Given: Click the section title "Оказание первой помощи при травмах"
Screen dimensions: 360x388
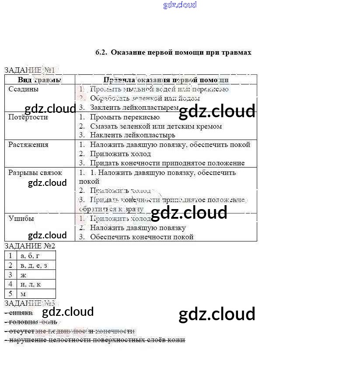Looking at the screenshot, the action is tap(181, 52).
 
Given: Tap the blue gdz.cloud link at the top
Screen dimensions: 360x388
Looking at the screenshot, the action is tap(180, 5).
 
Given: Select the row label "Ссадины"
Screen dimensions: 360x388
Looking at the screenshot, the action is tap(23, 89).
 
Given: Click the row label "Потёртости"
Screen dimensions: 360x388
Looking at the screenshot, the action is tap(28, 117).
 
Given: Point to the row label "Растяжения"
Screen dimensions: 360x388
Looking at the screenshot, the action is tap(28, 145).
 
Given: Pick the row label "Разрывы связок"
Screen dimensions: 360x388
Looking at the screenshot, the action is tap(35, 173).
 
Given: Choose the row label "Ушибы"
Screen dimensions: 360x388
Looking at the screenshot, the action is tap(21, 218).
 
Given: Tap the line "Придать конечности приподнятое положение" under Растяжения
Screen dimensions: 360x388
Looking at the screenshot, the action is tap(167, 163).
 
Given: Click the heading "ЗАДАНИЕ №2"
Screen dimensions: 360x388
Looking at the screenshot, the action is tap(30, 246).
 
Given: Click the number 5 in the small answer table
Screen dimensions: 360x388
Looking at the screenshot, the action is tap(10, 294).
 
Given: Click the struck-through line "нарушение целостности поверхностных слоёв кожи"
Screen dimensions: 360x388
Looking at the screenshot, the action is tap(97, 340).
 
